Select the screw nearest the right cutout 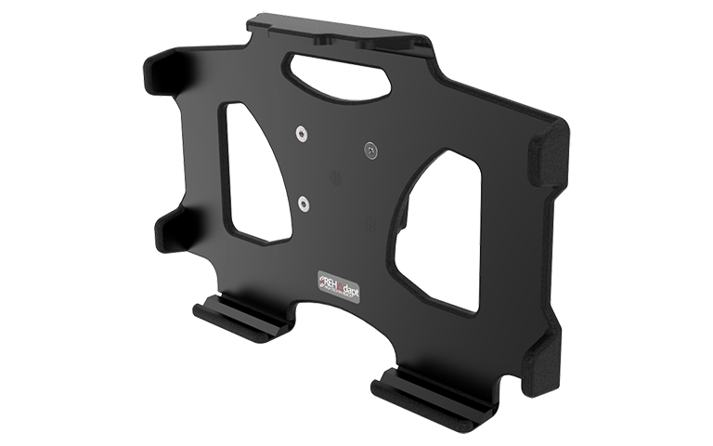pos(371,149)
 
